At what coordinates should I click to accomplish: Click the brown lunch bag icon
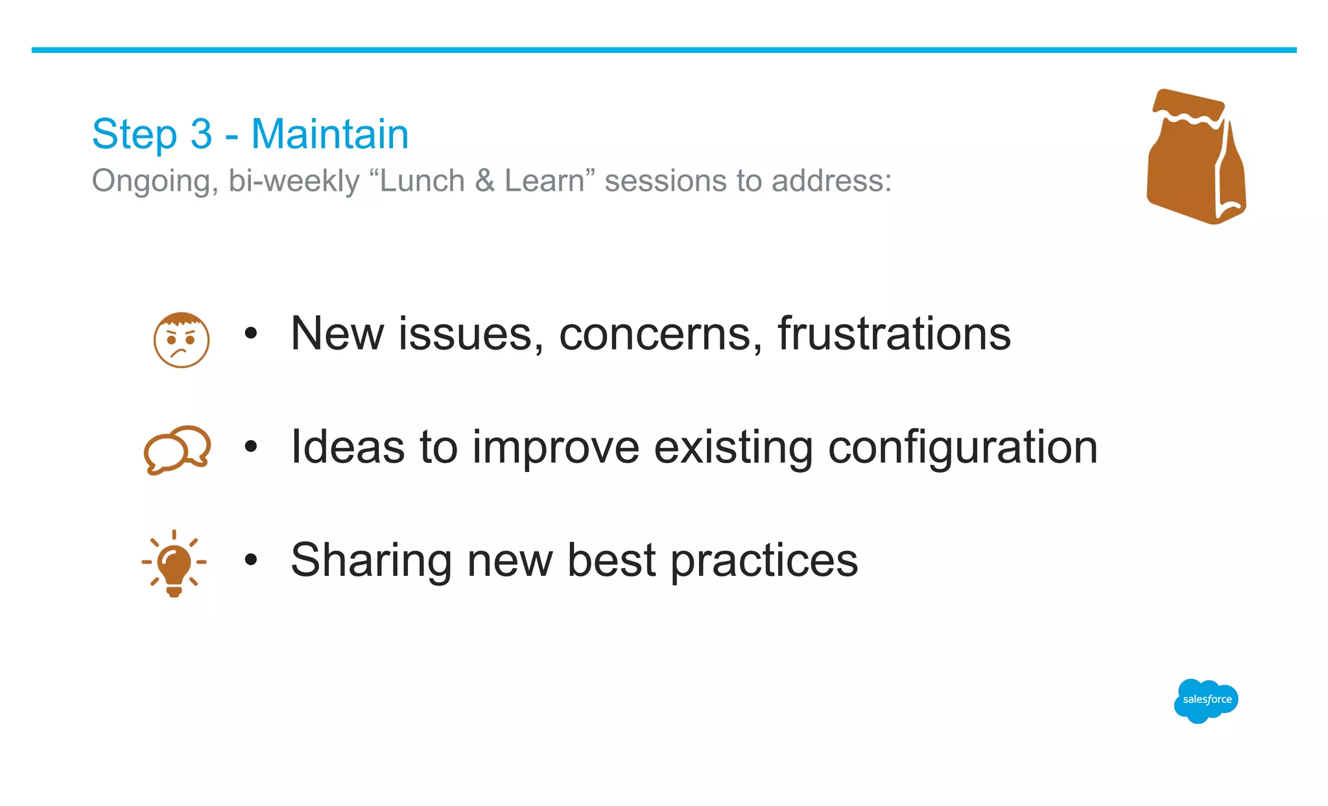coord(1196,159)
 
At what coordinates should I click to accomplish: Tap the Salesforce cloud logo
coord(1206,700)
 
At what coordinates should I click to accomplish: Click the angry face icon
coord(182,340)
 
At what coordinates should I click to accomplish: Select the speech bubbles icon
coord(177,449)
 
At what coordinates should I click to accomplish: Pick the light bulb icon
coord(174,563)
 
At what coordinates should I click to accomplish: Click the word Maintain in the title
coord(329,134)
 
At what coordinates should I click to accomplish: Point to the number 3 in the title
coord(201,134)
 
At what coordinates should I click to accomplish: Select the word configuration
coord(962,447)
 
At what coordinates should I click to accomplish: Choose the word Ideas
coord(348,447)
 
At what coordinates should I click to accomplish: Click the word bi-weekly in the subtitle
coord(293,181)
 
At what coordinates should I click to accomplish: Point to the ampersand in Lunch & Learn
coord(484,181)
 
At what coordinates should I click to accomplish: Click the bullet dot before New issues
coord(251,334)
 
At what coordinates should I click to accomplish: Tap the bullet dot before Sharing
coord(251,560)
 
